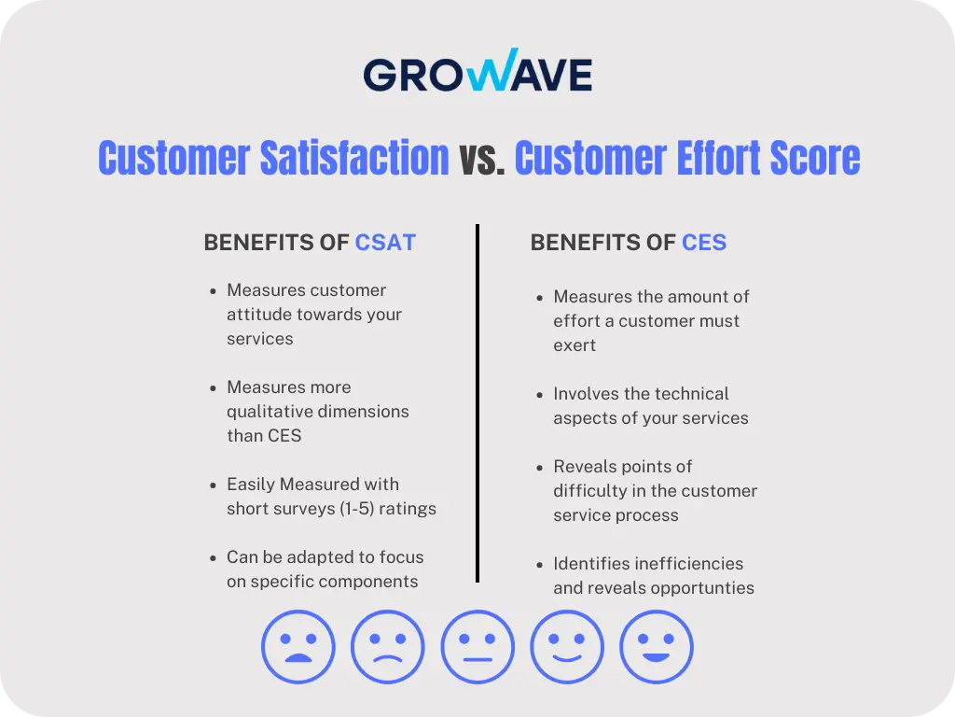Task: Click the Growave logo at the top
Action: pos(477,73)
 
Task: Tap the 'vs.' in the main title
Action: pos(481,158)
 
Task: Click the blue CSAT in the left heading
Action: pos(385,243)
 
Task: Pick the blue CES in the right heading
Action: pos(704,243)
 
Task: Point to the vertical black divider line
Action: pos(477,401)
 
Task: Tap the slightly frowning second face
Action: pos(388,647)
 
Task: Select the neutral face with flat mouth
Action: pos(477,647)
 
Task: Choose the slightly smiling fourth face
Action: pos(567,647)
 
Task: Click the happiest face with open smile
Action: pos(657,647)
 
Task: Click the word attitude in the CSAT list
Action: pos(260,315)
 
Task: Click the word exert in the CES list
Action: pos(574,345)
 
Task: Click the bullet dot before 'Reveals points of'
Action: pos(540,467)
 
